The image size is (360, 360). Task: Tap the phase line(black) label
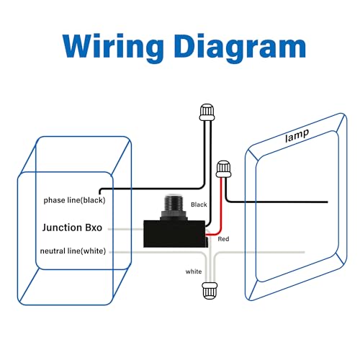[74, 200]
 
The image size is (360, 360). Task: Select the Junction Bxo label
[72, 228]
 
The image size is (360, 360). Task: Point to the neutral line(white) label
[73, 251]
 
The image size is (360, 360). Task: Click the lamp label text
[297, 135]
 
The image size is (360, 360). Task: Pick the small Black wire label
[199, 204]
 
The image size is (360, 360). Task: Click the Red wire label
[223, 239]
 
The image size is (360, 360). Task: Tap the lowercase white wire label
[194, 271]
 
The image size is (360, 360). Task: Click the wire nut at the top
[207, 112]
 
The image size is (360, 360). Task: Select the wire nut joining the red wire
[223, 169]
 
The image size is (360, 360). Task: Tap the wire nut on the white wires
[210, 291]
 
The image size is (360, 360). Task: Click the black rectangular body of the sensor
[175, 234]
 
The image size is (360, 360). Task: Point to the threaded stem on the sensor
[173, 204]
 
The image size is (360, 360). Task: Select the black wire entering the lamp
[276, 202]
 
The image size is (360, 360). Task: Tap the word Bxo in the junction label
[94, 228]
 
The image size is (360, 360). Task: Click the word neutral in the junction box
[53, 251]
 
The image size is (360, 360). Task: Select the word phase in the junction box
[54, 200]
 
